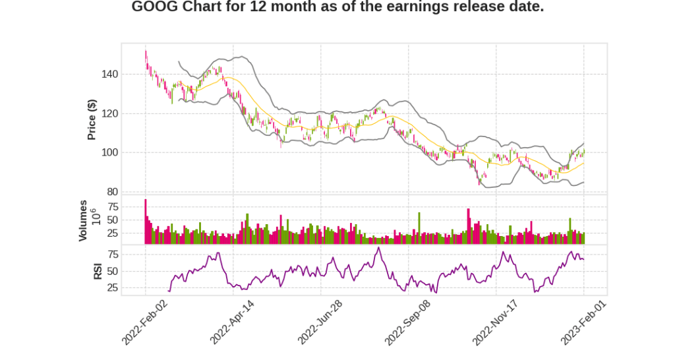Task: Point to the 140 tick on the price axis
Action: (109, 74)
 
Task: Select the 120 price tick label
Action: (109, 113)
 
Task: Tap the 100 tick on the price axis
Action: (109, 152)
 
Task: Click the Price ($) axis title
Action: (92, 119)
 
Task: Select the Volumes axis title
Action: (83, 220)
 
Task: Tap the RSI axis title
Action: (98, 270)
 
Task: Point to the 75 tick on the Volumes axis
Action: (112, 206)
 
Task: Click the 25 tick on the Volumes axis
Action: (112, 233)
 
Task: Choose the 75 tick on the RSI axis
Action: (112, 254)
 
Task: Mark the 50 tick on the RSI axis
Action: (112, 271)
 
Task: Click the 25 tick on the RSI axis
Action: (112, 287)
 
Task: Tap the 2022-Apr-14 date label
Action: (233, 322)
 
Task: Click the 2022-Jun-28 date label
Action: (320, 322)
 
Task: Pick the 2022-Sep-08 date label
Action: (408, 322)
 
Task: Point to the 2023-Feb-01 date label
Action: (583, 322)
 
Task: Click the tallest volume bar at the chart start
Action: (146, 222)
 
